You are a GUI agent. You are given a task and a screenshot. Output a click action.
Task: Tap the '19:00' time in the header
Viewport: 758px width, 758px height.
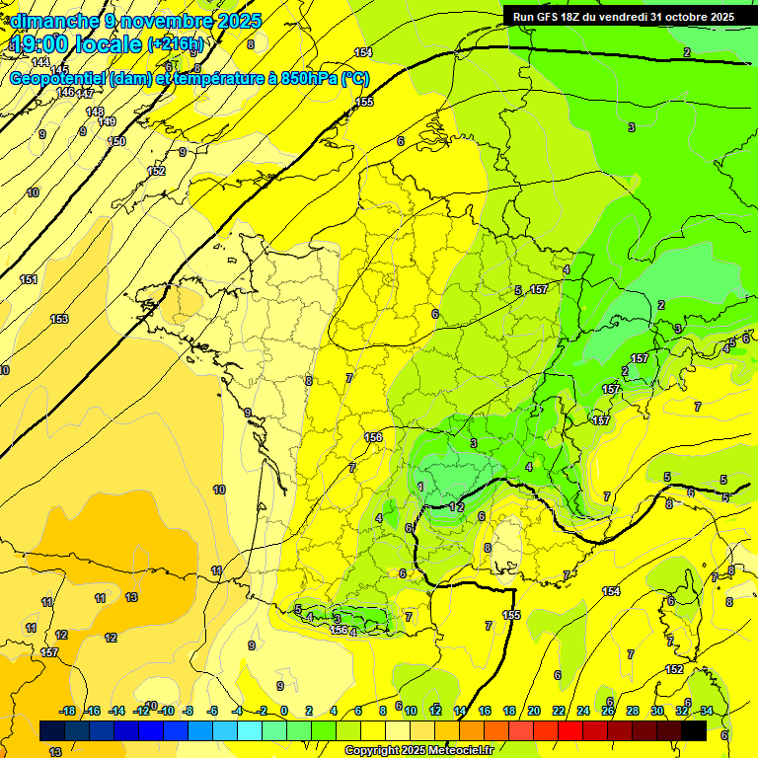(x=40, y=43)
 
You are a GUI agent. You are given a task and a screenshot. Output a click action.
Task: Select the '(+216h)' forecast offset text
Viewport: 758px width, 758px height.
(x=176, y=44)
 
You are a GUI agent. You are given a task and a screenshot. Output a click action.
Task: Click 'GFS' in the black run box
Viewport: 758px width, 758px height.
(x=549, y=17)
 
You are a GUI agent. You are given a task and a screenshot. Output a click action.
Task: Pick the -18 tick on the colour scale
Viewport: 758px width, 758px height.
(x=66, y=711)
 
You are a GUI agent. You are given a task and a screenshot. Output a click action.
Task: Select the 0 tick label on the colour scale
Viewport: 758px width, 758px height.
(x=284, y=711)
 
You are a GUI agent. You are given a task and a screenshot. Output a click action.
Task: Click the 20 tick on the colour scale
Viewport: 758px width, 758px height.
(x=533, y=711)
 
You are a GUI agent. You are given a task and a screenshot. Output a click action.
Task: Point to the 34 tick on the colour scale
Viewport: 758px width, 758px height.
(x=706, y=711)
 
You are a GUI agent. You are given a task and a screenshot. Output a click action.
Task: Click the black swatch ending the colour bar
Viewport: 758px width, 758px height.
(x=693, y=730)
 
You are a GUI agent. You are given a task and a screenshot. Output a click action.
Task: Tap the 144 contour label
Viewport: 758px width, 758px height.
(x=39, y=62)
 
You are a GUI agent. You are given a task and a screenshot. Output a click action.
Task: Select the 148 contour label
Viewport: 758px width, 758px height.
(x=95, y=112)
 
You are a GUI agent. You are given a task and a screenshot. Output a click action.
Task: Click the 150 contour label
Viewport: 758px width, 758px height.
(x=116, y=141)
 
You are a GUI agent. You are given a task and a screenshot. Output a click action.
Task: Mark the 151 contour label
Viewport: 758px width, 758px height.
(x=30, y=279)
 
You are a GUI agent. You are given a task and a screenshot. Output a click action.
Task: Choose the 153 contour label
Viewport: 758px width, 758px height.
(x=59, y=319)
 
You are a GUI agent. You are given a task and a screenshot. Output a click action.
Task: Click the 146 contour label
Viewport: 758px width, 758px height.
(x=65, y=92)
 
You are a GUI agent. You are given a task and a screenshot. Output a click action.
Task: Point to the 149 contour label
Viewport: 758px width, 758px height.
(x=108, y=121)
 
